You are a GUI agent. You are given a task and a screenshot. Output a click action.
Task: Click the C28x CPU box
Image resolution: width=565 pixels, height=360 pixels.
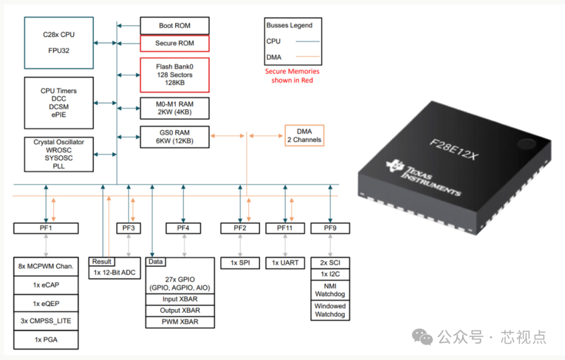pos(59,42)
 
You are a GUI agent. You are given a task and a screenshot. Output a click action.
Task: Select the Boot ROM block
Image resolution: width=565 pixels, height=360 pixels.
pos(174,26)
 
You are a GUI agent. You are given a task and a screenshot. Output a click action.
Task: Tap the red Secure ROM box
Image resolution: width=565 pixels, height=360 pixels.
pos(174,43)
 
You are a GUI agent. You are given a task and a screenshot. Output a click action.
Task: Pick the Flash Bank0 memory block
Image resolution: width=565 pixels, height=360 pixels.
pos(174,75)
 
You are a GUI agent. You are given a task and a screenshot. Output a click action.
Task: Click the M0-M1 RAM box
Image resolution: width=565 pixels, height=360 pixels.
pos(174,108)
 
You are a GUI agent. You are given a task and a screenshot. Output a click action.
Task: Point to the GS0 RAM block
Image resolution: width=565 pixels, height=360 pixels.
pos(174,137)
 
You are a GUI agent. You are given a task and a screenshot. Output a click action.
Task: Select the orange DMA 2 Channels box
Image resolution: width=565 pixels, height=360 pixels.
pos(304,136)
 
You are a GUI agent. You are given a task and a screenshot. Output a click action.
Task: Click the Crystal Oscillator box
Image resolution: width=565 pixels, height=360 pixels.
pos(59,154)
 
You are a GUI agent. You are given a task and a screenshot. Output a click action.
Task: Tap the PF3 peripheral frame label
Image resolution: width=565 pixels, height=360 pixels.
pos(128,228)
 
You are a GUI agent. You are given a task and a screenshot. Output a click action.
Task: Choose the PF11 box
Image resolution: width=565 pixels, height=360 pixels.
pos(285,228)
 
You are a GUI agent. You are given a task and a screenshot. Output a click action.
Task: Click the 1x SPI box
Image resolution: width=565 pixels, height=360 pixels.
pos(240,263)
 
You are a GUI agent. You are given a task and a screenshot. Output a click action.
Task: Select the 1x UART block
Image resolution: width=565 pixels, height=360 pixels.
pos(285,263)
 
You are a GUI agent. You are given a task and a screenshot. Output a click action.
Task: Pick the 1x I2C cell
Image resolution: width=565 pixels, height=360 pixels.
pos(330,274)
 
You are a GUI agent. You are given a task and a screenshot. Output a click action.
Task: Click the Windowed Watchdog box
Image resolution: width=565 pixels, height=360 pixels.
pos(330,310)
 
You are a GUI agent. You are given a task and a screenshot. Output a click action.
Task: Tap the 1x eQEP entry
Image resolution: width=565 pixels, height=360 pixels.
pos(46,303)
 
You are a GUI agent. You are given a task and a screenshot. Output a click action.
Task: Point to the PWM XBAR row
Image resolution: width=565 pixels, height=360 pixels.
pos(179,322)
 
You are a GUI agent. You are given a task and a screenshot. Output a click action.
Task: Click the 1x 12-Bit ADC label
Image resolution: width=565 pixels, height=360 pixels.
pos(115,272)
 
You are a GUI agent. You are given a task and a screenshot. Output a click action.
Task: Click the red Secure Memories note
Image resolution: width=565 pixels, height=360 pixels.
pos(292,76)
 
